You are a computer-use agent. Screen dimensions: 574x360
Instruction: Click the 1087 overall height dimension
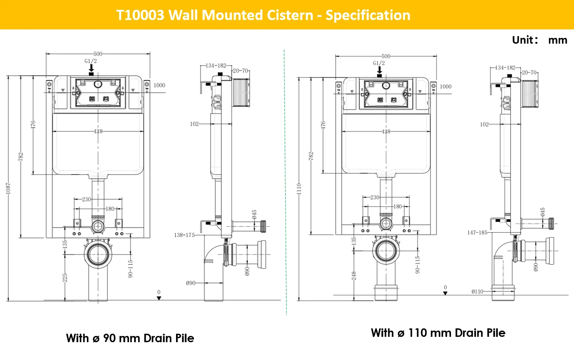click(x=8, y=188)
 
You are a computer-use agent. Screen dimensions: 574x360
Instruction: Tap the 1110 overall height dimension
click(x=299, y=189)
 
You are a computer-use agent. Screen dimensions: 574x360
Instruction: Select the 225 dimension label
click(x=65, y=278)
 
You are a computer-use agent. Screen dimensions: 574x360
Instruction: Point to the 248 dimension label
click(x=354, y=276)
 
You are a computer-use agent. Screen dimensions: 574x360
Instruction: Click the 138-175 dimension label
click(x=184, y=235)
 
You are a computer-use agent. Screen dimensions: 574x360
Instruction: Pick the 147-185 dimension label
click(x=477, y=233)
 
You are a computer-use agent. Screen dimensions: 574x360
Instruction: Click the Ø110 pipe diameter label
click(x=477, y=291)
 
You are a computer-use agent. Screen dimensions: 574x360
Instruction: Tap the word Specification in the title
click(x=368, y=15)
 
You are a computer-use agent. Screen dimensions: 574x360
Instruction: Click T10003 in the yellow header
click(x=140, y=15)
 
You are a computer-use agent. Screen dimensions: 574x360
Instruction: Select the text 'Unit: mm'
click(x=539, y=40)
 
